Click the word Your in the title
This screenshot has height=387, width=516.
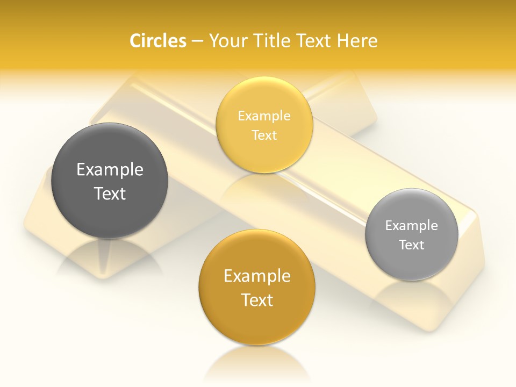point(226,40)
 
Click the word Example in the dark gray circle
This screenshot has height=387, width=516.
point(110,170)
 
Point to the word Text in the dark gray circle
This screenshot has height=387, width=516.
point(110,193)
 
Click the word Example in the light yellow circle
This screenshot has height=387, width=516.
point(264,116)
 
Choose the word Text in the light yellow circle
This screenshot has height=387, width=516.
point(264,135)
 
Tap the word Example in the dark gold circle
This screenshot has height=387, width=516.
point(257,276)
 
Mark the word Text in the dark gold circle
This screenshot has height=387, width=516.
point(257,300)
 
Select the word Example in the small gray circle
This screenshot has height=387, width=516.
point(412,225)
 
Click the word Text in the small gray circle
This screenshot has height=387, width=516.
point(412,245)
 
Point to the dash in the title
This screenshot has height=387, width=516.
point(197,41)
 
